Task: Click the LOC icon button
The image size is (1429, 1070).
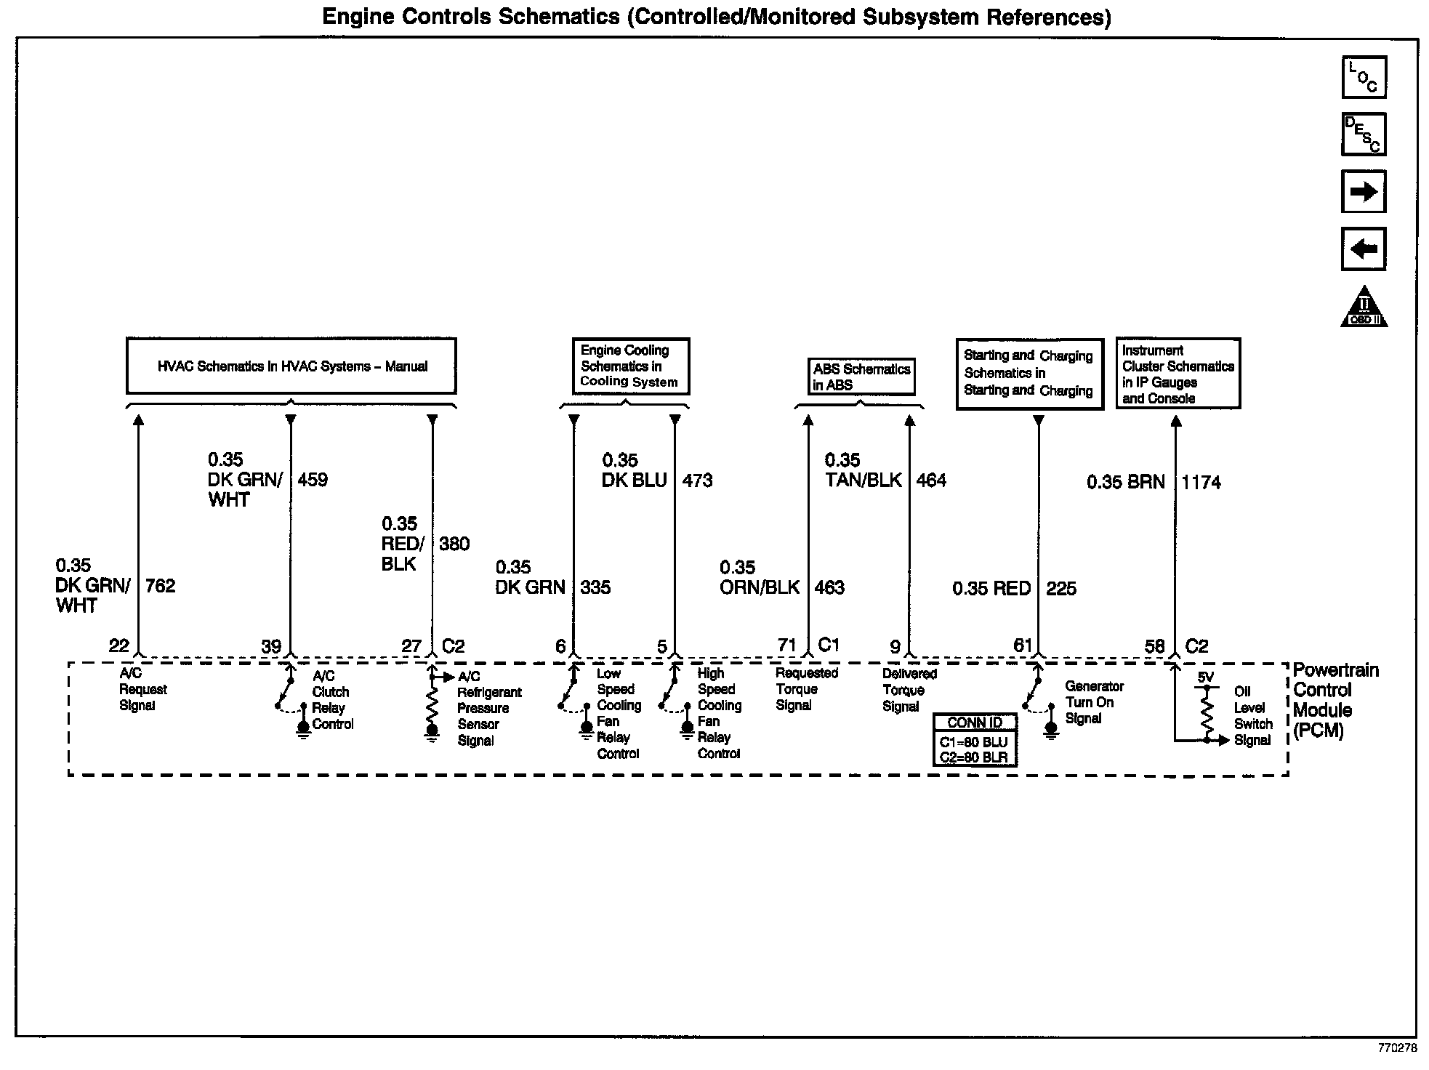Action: click(1364, 77)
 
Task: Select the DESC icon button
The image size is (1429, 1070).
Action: click(1364, 134)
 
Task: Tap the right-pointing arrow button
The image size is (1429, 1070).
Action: click(1364, 192)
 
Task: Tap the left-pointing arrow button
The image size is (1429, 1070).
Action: click(1364, 249)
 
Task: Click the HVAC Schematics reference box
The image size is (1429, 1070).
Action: click(291, 366)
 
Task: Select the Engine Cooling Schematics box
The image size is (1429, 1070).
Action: click(629, 366)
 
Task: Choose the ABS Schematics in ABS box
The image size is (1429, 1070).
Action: click(861, 377)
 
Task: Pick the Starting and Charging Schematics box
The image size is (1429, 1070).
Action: click(1029, 374)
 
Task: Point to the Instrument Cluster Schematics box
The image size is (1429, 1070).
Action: click(1178, 374)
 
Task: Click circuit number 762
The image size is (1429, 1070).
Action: click(161, 586)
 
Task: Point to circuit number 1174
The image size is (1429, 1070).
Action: click(1201, 483)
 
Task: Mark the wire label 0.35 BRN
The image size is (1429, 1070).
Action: click(1126, 483)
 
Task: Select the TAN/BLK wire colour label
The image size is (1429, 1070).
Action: click(864, 480)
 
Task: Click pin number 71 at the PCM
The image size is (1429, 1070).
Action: click(787, 645)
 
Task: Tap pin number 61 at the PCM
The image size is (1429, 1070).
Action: click(1023, 645)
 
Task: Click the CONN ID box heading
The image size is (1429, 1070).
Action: click(975, 723)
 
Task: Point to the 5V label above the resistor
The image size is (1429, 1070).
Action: click(1206, 677)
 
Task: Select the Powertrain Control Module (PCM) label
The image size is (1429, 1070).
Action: click(1335, 700)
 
